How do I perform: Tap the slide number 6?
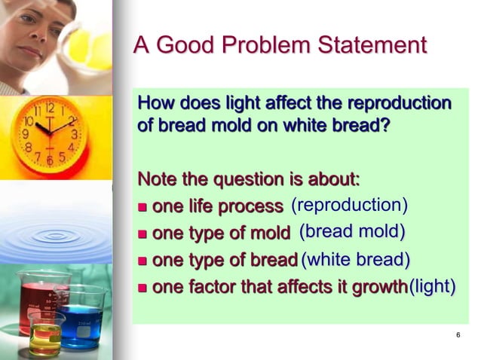click(x=458, y=335)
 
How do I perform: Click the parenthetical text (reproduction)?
click(x=349, y=205)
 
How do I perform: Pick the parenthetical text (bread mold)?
click(x=352, y=232)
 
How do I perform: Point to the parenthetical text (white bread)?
click(x=355, y=260)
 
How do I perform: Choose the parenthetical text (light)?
click(x=432, y=287)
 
